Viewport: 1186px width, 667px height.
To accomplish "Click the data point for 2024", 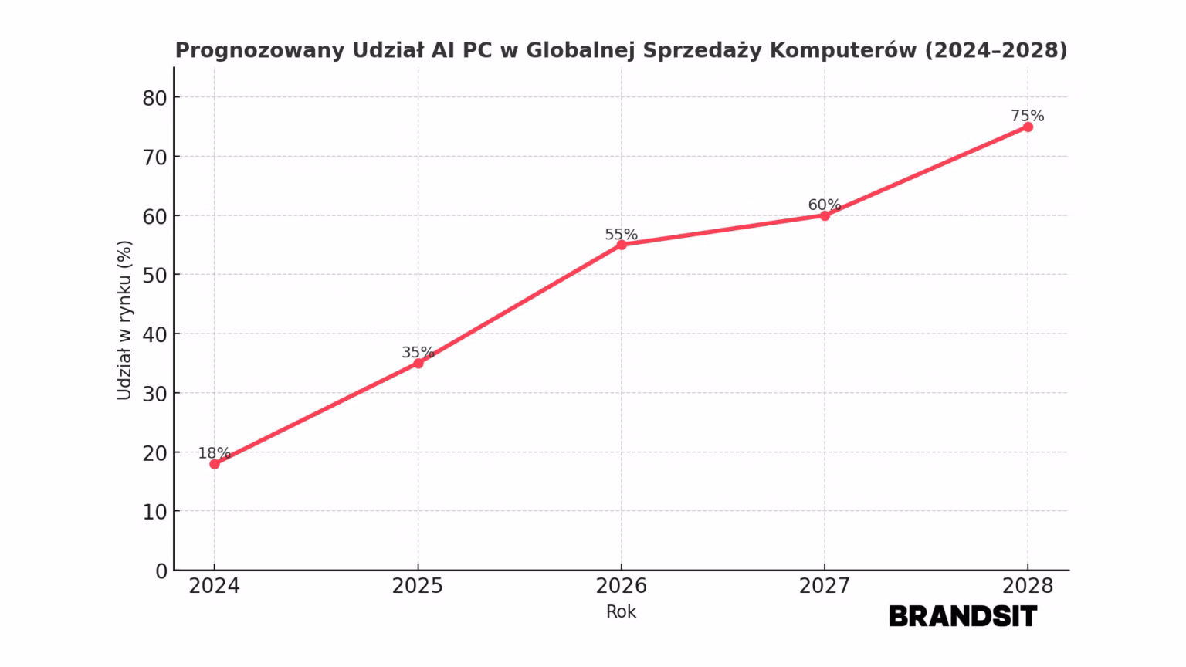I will click(215, 464).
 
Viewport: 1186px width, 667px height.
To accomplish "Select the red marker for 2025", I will click(418, 363).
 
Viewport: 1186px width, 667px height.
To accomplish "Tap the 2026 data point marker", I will click(622, 245).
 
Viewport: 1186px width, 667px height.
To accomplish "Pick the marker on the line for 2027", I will click(825, 215).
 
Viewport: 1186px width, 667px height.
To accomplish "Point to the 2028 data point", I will click(1028, 127).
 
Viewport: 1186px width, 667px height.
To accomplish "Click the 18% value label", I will click(214, 453).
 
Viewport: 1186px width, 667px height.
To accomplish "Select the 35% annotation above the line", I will click(418, 353).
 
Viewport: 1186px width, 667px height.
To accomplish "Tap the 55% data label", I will click(621, 235).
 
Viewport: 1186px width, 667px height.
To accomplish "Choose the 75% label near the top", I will click(1028, 116).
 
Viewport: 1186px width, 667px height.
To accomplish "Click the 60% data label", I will click(824, 205).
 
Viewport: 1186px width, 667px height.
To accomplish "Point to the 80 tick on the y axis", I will click(154, 98).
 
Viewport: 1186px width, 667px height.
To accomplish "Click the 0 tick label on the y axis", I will click(161, 571).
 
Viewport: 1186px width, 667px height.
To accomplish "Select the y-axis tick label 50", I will click(154, 276).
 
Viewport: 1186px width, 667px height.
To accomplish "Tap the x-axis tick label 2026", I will click(622, 587).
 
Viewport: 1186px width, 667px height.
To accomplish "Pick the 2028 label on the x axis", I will click(1028, 587).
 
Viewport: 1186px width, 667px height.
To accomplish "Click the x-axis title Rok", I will click(622, 612).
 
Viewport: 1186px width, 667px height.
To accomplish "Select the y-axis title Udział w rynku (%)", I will click(124, 320).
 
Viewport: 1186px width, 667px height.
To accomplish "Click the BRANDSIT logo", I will click(963, 616).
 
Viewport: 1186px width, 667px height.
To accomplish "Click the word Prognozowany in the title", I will click(259, 51).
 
